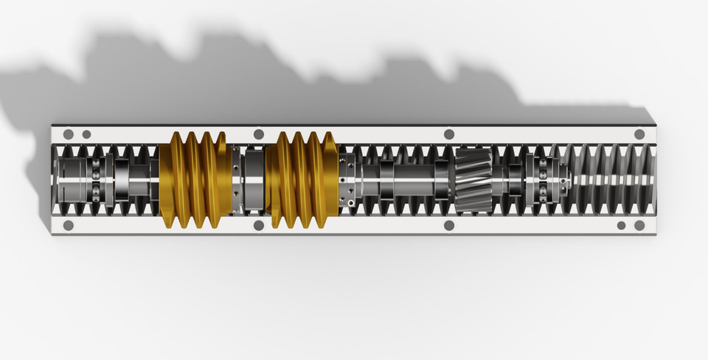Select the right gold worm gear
[302, 180]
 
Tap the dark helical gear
[473, 180]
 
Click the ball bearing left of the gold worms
[96, 180]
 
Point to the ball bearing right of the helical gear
[544, 180]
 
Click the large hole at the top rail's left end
[69, 134]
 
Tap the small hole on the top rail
[86, 134]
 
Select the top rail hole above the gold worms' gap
[259, 134]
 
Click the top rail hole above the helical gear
[449, 134]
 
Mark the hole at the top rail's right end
[639, 134]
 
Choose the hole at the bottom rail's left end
[69, 225]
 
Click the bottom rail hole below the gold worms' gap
[259, 225]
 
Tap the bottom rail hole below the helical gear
[449, 225]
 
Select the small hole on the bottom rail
[621, 225]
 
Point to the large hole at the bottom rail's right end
[639, 225]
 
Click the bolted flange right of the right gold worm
[347, 180]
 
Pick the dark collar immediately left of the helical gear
[442, 180]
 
